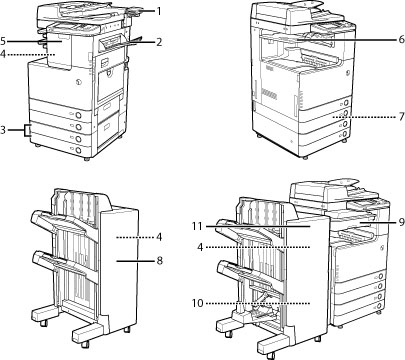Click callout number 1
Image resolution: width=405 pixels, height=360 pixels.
[159, 12]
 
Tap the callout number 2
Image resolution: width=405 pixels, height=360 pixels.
[159, 42]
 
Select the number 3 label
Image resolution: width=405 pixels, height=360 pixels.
[3, 130]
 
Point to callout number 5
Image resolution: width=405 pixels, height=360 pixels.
[3, 41]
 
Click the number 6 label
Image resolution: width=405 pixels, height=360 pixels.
[401, 39]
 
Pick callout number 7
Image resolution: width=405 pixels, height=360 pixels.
[401, 117]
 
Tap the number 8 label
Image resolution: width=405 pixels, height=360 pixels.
[160, 260]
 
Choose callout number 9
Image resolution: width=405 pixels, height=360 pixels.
[401, 222]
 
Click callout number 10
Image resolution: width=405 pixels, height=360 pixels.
[197, 303]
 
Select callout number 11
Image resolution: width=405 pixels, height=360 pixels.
[197, 226]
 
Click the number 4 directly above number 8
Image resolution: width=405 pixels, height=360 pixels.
[159, 237]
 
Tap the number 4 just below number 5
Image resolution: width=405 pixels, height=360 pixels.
[3, 54]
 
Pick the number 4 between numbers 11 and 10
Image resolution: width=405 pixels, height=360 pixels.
[200, 247]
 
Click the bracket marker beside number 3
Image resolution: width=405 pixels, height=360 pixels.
[27, 130]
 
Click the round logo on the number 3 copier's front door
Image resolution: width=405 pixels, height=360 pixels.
[78, 81]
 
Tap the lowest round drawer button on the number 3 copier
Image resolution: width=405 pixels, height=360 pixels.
[78, 150]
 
